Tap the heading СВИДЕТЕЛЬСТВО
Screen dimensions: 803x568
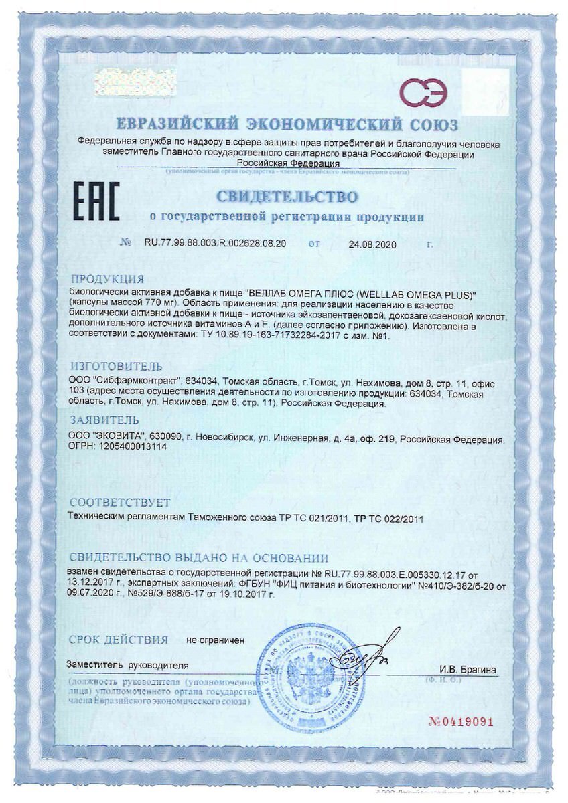tap(285, 197)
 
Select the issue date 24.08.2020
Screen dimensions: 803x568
tap(372, 245)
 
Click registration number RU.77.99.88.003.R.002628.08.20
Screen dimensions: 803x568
tap(215, 244)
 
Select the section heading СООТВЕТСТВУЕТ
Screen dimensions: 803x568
tap(120, 502)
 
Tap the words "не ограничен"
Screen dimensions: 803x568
tap(216, 640)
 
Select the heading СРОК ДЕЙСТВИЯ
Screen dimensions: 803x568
tap(118, 640)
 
